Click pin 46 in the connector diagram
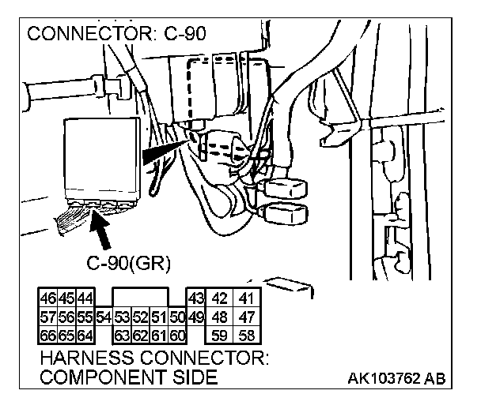[48, 298]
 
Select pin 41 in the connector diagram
[247, 298]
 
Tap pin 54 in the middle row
[104, 317]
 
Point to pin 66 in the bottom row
[48, 336]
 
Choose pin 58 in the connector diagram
[247, 336]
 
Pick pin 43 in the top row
[196, 298]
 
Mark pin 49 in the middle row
[196, 317]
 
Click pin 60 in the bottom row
[177, 336]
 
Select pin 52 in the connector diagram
[141, 317]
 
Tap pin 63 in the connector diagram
[122, 336]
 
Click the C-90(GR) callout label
[128, 263]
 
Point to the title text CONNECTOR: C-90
[116, 33]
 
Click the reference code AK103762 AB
[396, 378]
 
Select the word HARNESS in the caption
[87, 358]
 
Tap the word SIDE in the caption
[195, 377]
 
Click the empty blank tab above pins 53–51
[141, 297]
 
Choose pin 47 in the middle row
[247, 317]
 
